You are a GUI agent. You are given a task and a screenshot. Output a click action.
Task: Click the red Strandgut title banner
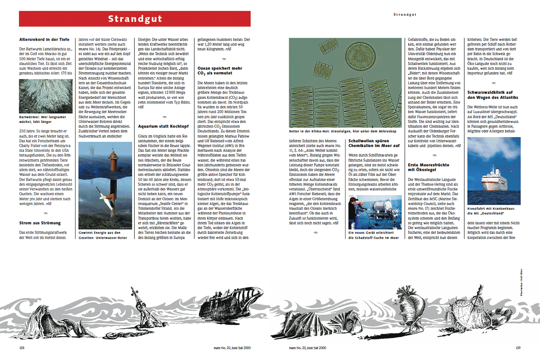[135, 19]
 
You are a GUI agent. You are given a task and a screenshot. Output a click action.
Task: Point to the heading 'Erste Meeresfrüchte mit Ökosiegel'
[428, 167]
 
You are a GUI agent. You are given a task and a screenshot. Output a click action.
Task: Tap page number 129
[518, 347]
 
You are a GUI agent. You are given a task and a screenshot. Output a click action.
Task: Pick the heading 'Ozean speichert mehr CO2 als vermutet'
[219, 71]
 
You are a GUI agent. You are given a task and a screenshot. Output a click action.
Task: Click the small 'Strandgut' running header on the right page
[405, 15]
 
